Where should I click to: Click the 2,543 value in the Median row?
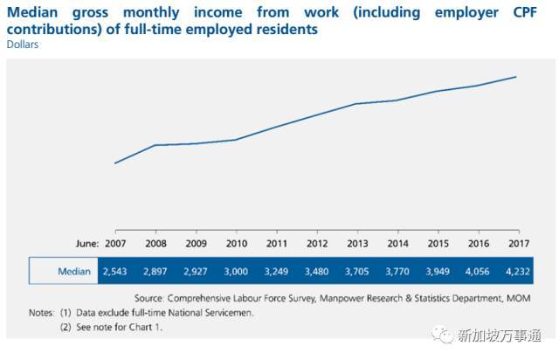(114, 272)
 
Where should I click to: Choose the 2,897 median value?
(155, 272)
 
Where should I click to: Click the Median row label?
(74, 272)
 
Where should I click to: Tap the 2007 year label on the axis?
(114, 243)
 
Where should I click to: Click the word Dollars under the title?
(24, 45)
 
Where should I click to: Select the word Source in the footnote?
(152, 297)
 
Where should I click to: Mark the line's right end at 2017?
(516, 77)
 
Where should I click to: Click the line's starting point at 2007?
(114, 163)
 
